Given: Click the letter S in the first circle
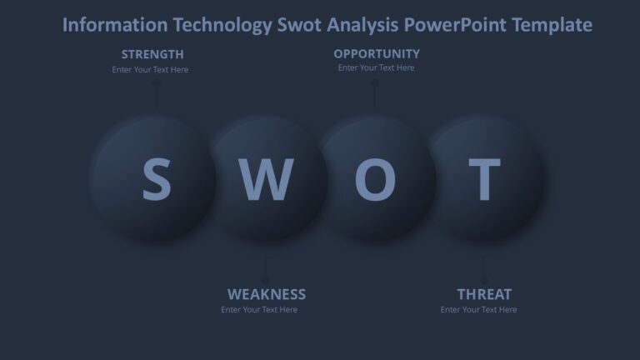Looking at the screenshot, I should point(156,179).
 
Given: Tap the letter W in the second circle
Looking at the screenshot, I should point(266,179).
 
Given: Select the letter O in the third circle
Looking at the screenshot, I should point(375,179).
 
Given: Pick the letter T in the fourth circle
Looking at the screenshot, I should point(484,179).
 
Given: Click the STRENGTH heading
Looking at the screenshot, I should point(152,54).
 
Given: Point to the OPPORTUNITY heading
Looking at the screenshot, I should point(377,53).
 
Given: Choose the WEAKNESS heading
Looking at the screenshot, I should point(267,294).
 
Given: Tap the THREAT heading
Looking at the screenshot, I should point(484,294).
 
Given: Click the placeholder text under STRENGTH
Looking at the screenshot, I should point(151,70).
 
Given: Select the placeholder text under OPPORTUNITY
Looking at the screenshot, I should point(377,68).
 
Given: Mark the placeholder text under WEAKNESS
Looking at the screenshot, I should point(259,310).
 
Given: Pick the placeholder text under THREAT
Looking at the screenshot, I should point(479,310).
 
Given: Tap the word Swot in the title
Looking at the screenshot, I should point(298,25).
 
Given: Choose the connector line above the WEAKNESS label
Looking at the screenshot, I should point(266,268).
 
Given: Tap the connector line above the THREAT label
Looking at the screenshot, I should point(484,268).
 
